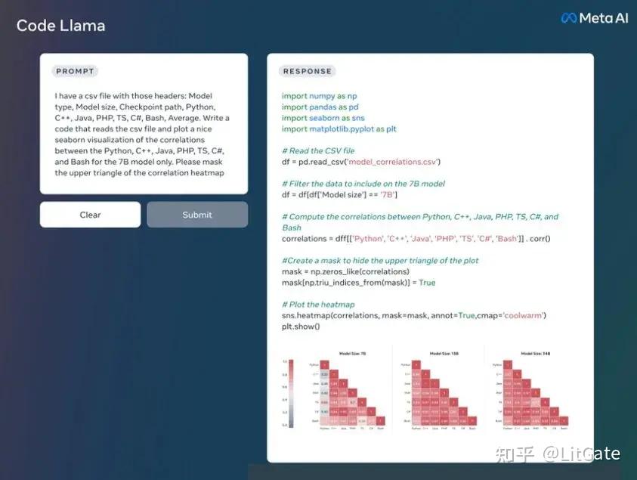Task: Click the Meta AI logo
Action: (594, 18)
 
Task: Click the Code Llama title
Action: (60, 26)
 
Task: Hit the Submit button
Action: (197, 215)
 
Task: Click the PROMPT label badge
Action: (75, 71)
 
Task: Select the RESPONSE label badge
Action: (307, 71)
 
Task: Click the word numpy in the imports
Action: (322, 96)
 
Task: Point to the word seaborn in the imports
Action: (324, 118)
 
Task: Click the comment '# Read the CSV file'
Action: (317, 150)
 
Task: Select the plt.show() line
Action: (301, 326)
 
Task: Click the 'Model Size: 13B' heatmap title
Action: (444, 353)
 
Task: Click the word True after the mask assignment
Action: (427, 282)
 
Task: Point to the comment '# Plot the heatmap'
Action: (317, 304)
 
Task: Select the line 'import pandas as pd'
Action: (320, 107)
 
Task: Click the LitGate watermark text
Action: (582, 454)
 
